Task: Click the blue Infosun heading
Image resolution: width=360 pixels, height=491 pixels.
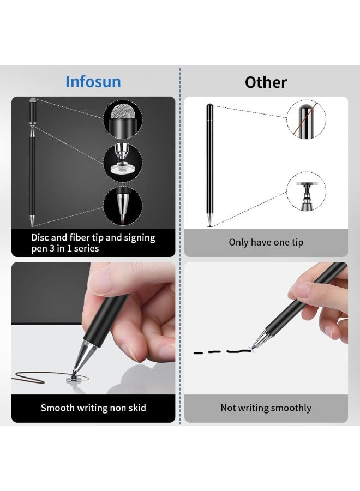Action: point(93,82)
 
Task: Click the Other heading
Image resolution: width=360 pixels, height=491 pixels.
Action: point(266,82)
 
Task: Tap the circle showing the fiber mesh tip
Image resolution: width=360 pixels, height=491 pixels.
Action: point(123,118)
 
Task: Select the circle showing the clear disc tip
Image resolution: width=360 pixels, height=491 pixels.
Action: point(123,161)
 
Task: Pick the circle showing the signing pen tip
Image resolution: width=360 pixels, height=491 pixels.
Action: point(123,206)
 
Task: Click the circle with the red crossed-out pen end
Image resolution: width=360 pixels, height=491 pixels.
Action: point(306,119)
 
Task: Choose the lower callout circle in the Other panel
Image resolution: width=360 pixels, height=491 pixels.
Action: point(306,191)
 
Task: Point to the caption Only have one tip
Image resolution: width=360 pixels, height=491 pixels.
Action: point(266,242)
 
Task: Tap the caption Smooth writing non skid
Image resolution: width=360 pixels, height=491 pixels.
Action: point(93,408)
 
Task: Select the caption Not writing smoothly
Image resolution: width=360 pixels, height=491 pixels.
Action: point(266,408)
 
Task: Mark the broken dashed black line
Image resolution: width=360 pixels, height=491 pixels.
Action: point(218,352)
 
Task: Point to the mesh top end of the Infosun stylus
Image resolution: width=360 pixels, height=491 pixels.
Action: point(33,101)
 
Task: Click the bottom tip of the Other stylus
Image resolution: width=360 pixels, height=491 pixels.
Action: point(210,224)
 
